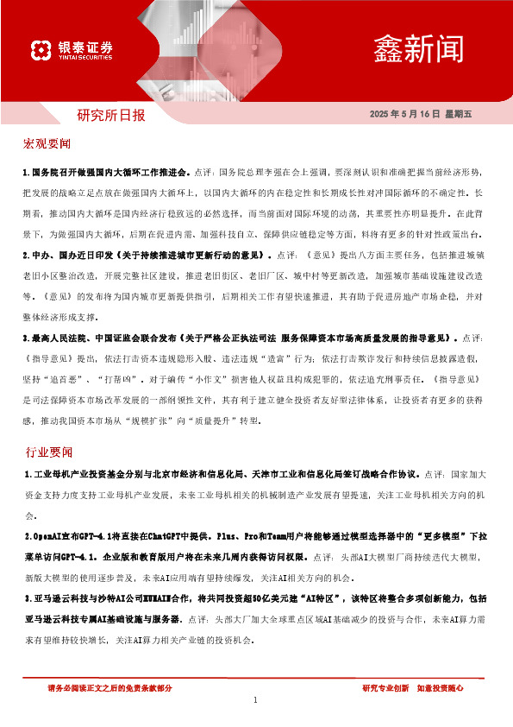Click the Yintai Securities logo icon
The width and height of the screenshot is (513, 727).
point(40,51)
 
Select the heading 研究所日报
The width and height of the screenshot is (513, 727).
point(111,114)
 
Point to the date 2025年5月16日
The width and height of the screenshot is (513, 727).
point(404,114)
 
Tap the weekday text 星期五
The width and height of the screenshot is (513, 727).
point(460,114)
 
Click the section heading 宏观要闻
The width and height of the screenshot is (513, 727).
point(47,142)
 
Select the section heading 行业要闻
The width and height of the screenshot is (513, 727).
point(47,452)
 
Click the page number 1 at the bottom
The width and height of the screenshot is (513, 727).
point(256,700)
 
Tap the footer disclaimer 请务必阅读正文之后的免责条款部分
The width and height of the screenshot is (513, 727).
point(109,687)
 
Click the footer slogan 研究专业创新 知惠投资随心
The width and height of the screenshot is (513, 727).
point(413,687)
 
